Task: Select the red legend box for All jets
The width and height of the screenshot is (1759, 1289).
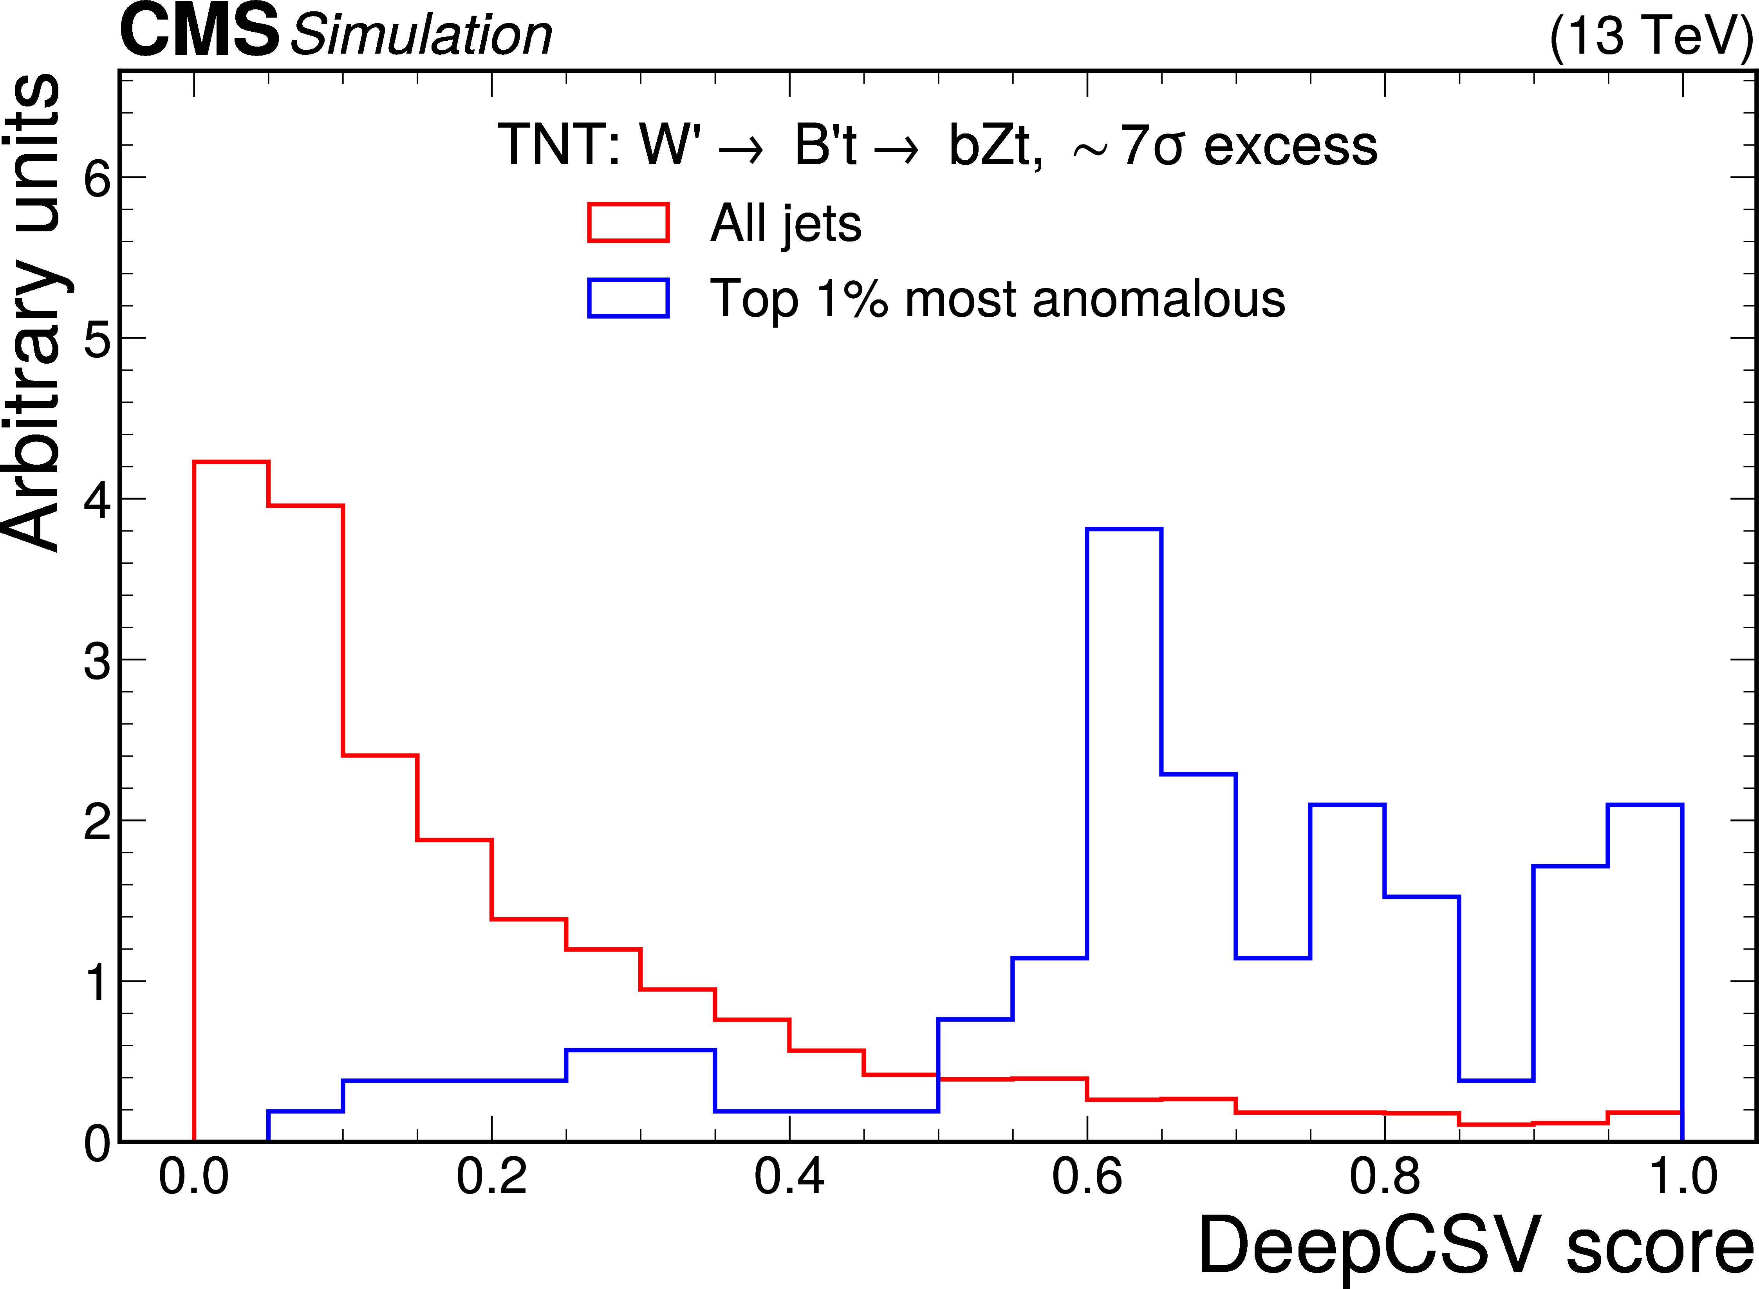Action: point(628,223)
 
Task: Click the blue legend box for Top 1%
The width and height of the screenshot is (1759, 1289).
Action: point(628,298)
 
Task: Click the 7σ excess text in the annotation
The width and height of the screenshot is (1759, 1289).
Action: point(1249,146)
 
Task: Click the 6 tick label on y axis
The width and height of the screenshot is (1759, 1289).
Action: point(98,178)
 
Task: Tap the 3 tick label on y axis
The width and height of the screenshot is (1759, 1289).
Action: point(98,661)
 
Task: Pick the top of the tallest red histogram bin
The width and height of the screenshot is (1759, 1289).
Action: point(231,462)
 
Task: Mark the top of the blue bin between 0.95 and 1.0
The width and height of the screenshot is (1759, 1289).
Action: point(1644,804)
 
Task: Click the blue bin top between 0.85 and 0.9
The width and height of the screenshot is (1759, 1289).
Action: point(1496,1081)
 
